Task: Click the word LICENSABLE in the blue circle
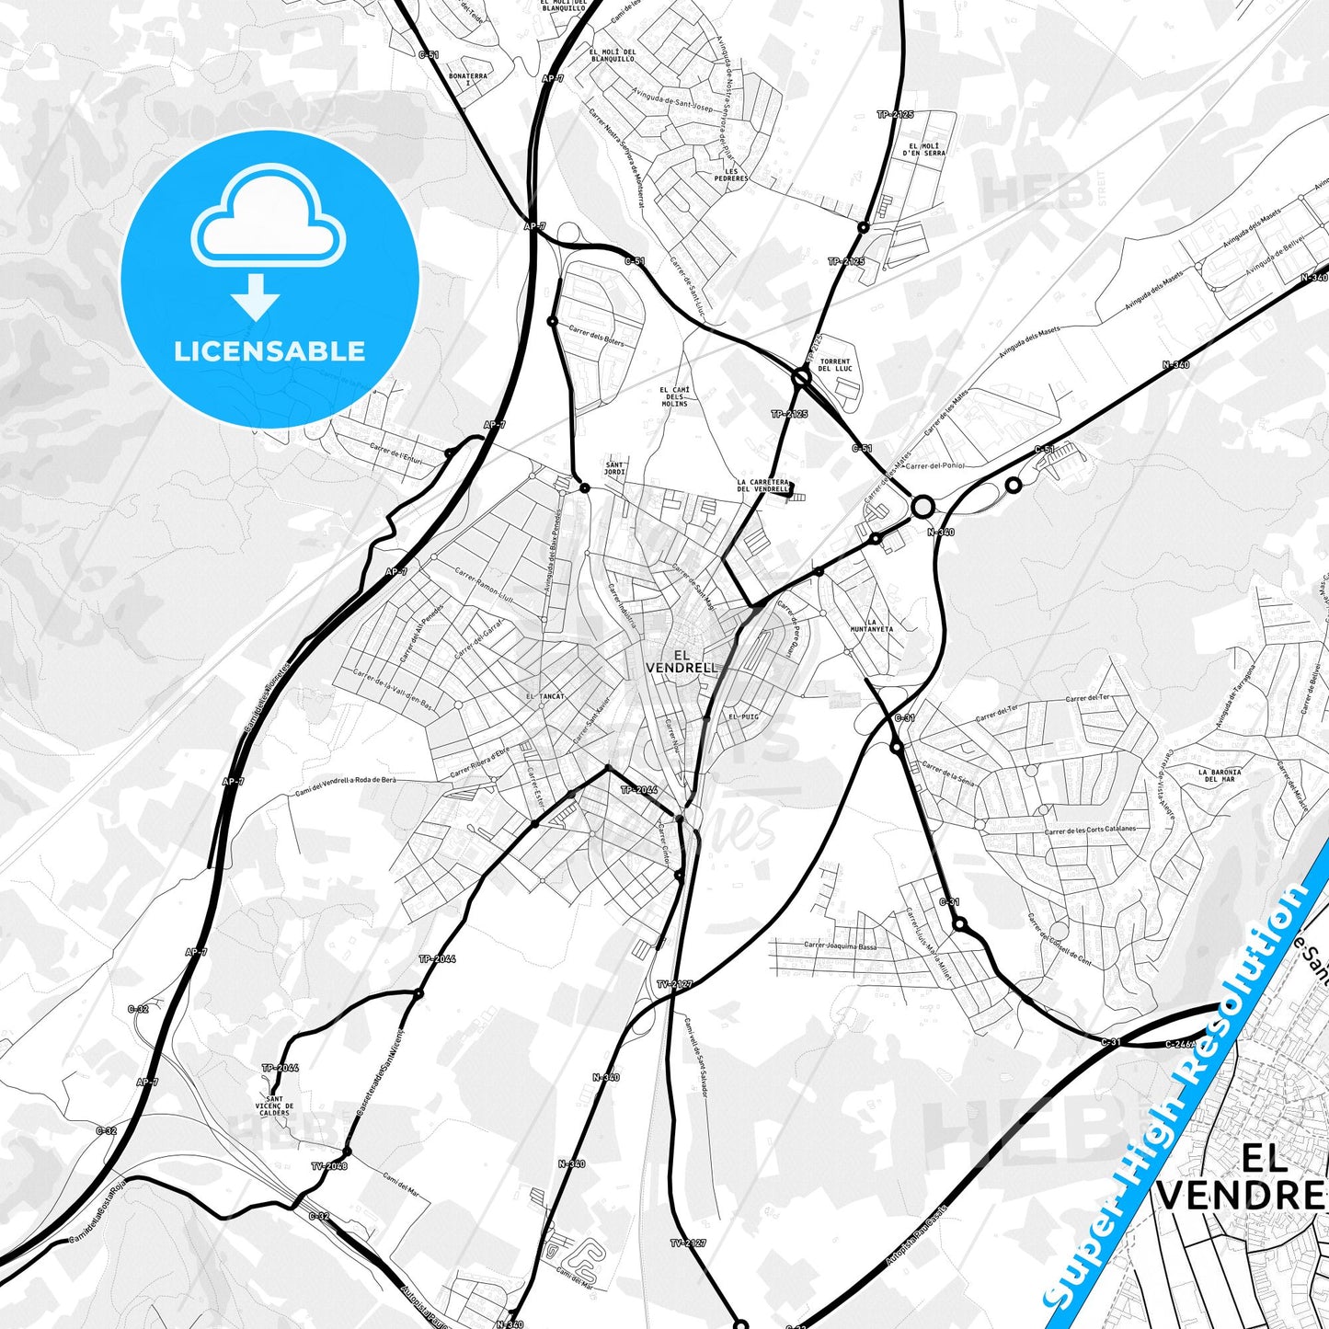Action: coord(269,351)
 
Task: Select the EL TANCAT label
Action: coord(545,697)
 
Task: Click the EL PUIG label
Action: coord(743,716)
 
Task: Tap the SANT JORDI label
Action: coord(614,468)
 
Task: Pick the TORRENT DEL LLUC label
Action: coord(835,365)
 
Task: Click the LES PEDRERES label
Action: coord(737,174)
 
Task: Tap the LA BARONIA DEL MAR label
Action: coord(1220,775)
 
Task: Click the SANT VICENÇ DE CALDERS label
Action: coord(274,1106)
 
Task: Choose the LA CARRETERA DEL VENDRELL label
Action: coord(763,486)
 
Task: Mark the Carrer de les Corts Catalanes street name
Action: coord(1090,830)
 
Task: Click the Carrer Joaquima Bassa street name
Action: coord(840,945)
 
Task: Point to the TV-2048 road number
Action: coord(328,1166)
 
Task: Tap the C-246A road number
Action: coord(1179,1044)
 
